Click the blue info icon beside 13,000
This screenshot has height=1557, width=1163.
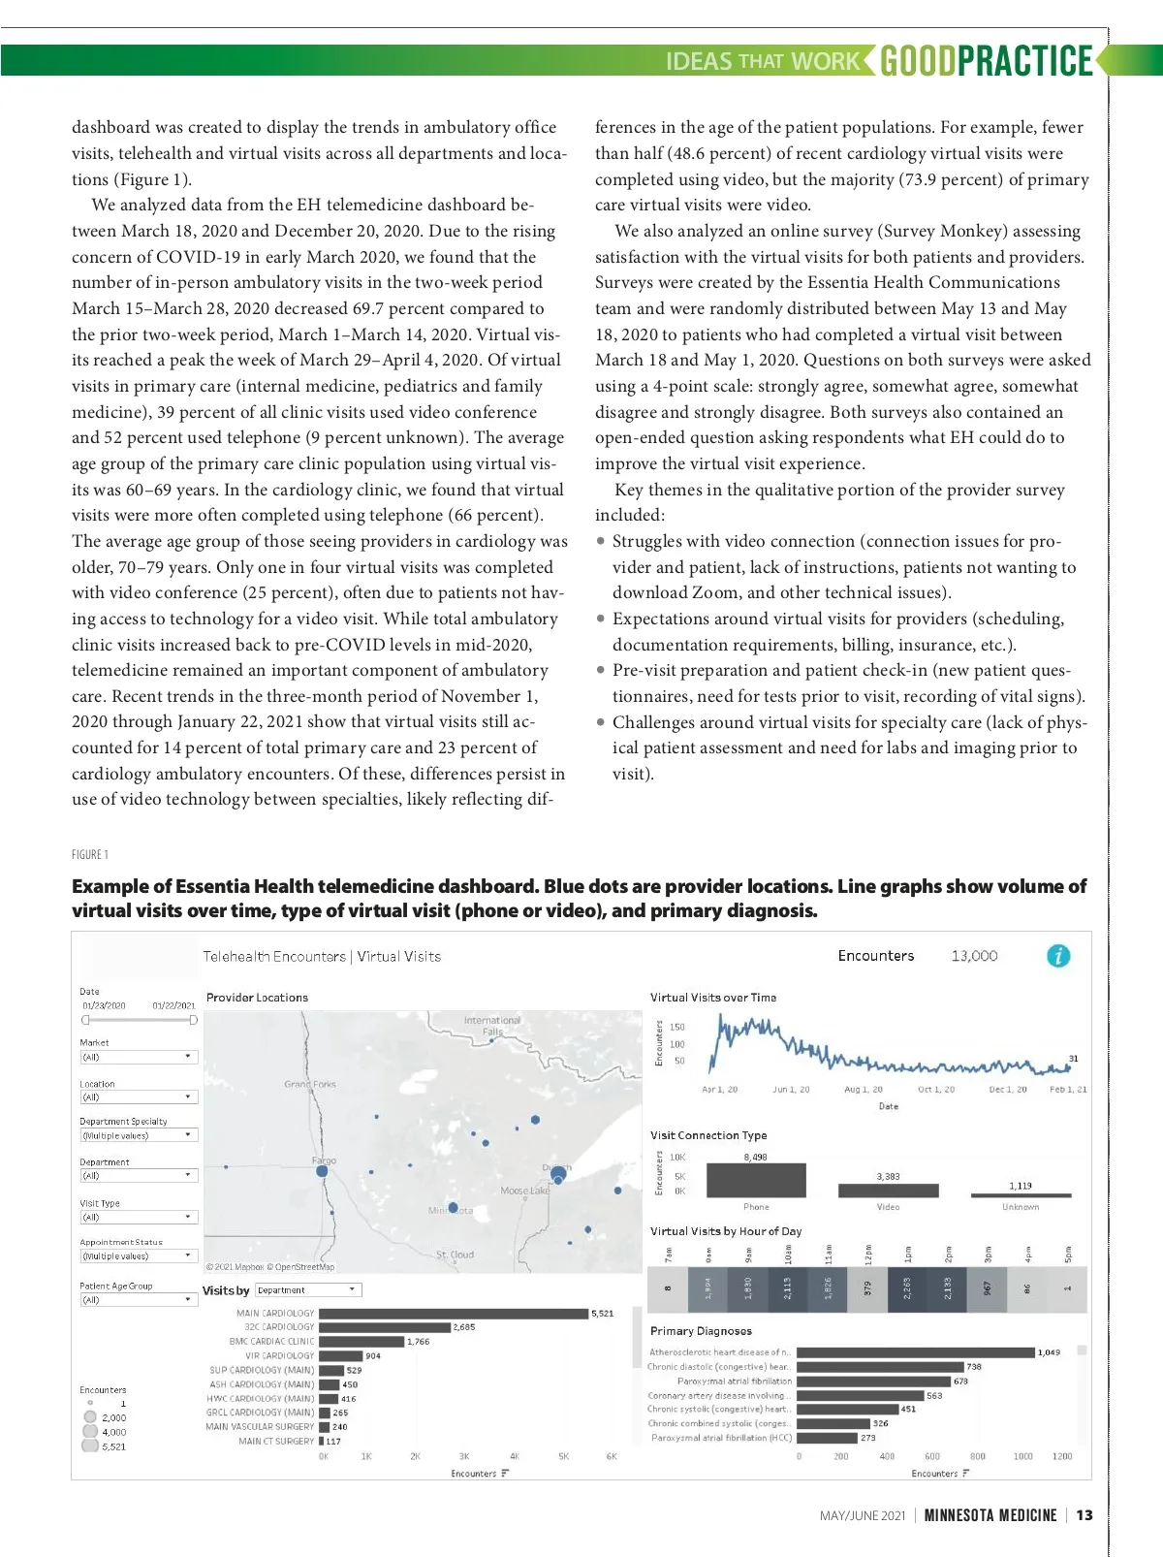(1058, 956)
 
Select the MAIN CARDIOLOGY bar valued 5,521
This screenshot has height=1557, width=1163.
(454, 1314)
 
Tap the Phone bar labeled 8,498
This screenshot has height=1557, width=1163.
(756, 1180)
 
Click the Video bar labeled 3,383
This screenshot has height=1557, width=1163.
(888, 1191)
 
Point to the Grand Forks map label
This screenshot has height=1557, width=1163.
(310, 1084)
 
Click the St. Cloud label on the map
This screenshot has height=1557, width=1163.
(455, 1255)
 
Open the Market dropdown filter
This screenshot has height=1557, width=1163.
(139, 1057)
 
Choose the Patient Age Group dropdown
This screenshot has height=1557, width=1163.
(139, 1299)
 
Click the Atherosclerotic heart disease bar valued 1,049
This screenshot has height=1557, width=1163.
(916, 1352)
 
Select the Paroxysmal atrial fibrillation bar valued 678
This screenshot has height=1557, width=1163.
(873, 1381)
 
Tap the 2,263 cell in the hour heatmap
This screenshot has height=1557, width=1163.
(908, 1288)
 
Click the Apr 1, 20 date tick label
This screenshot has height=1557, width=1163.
(719, 1090)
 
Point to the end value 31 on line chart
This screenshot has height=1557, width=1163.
(1073, 1059)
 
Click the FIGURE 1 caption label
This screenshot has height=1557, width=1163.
(90, 854)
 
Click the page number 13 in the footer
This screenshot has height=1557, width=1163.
(1084, 1515)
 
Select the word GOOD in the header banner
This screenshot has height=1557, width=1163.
(918, 60)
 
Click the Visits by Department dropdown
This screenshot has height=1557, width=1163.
(308, 1290)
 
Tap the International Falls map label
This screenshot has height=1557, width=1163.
(492, 1026)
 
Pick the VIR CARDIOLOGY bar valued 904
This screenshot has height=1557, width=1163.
(340, 1356)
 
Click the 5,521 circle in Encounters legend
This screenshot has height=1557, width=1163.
(90, 1446)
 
